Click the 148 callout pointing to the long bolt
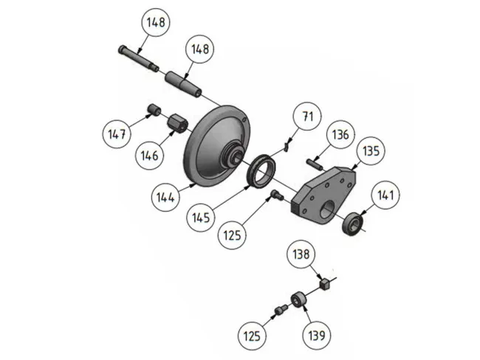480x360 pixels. coord(156,23)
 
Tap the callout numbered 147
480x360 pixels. coord(117,135)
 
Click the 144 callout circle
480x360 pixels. coord(165,197)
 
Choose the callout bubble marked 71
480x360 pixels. coord(307,117)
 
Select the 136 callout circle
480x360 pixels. coord(340,136)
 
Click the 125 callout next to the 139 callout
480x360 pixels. coord(253,336)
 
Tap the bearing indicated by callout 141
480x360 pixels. coord(354,223)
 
